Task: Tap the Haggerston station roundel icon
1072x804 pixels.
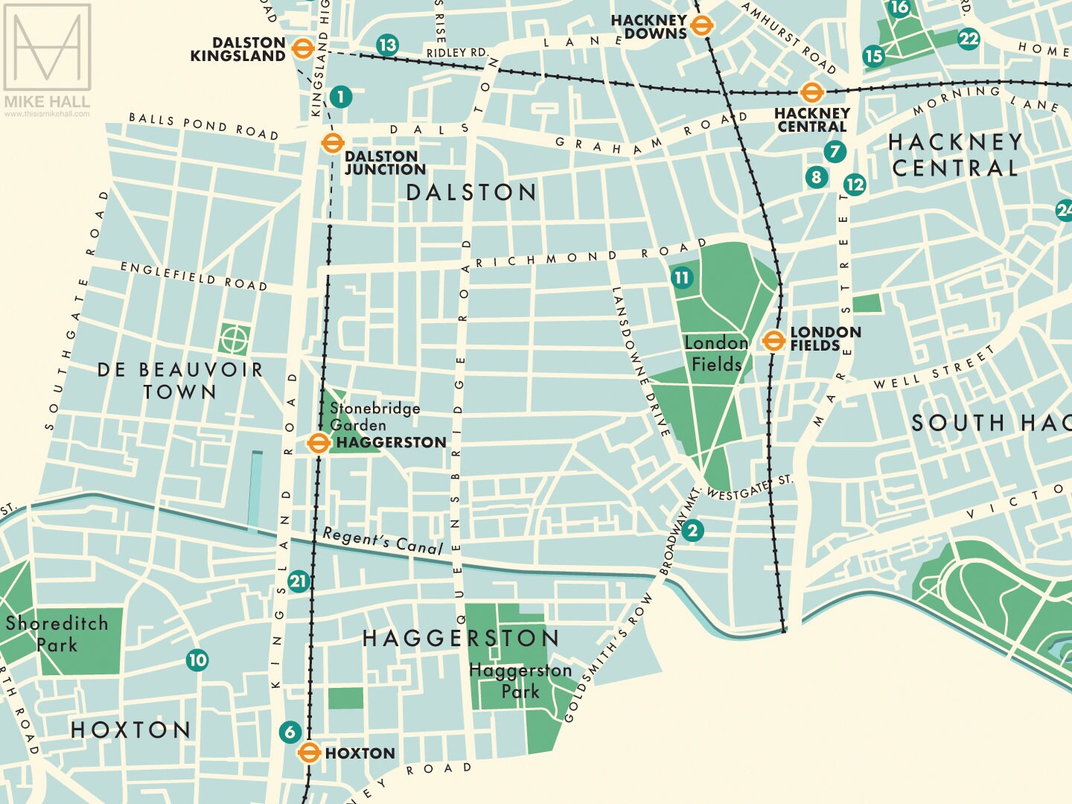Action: point(318,443)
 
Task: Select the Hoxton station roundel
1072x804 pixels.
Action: point(309,753)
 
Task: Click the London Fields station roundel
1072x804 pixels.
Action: point(773,341)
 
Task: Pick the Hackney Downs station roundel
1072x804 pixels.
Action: point(701,26)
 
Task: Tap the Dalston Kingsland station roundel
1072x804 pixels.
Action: point(302,49)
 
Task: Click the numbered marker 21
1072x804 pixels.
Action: point(298,581)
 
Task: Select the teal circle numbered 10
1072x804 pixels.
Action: point(197,660)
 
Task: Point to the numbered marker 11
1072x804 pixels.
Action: point(681,278)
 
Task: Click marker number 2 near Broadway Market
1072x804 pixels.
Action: point(692,530)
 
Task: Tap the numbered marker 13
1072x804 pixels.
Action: point(386,45)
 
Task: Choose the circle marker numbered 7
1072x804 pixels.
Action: point(835,152)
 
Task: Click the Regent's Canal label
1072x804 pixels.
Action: point(383,540)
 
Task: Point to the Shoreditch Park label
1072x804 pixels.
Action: point(57,634)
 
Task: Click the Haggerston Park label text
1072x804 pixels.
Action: point(520,680)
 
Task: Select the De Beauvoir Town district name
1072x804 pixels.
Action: point(180,380)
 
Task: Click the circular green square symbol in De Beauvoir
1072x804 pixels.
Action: point(234,340)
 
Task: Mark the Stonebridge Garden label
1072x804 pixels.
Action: point(374,416)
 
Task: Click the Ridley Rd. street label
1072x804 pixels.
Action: point(456,53)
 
